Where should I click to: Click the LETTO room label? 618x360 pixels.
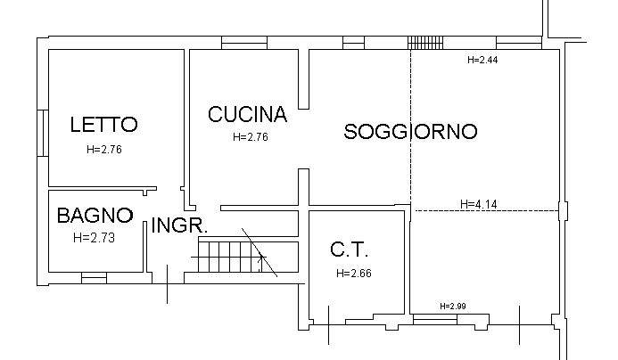(x=103, y=125)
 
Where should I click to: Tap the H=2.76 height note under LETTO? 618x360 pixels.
(x=103, y=150)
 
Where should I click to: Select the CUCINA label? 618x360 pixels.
(x=247, y=115)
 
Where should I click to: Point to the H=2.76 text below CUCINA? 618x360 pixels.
(x=250, y=137)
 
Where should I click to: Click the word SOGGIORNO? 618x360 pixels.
(x=410, y=132)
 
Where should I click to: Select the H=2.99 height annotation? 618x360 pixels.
(x=453, y=307)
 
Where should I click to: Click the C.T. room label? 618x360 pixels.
(x=349, y=250)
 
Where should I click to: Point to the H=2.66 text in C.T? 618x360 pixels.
(x=354, y=274)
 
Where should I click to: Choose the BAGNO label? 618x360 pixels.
(x=95, y=216)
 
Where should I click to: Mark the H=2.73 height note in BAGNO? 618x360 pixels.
(x=95, y=238)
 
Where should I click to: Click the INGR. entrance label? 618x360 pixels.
(x=179, y=226)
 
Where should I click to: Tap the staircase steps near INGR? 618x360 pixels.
(x=223, y=258)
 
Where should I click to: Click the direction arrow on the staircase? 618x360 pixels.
(x=260, y=259)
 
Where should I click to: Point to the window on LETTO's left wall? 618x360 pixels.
(x=42, y=133)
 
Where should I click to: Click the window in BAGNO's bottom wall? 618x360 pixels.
(x=94, y=279)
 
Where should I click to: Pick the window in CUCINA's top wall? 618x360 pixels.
(x=244, y=42)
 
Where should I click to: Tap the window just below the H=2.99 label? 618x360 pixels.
(x=453, y=317)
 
